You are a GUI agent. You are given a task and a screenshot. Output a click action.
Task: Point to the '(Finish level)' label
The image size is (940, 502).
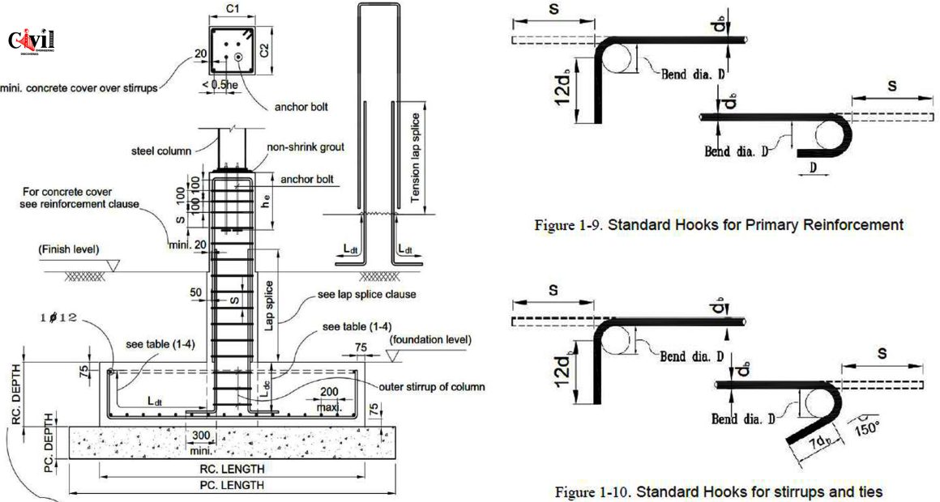tap(70, 249)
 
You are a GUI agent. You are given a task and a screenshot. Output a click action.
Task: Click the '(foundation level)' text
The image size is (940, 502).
tap(430, 340)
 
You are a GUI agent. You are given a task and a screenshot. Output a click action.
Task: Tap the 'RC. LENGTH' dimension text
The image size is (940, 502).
tap(233, 469)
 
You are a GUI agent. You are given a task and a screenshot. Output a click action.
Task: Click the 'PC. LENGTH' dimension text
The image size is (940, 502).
tap(233, 486)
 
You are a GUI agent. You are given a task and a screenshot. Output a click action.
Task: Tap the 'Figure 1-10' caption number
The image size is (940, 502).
tap(587, 491)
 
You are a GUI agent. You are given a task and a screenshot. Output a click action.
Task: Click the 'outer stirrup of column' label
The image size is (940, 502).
tap(432, 386)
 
